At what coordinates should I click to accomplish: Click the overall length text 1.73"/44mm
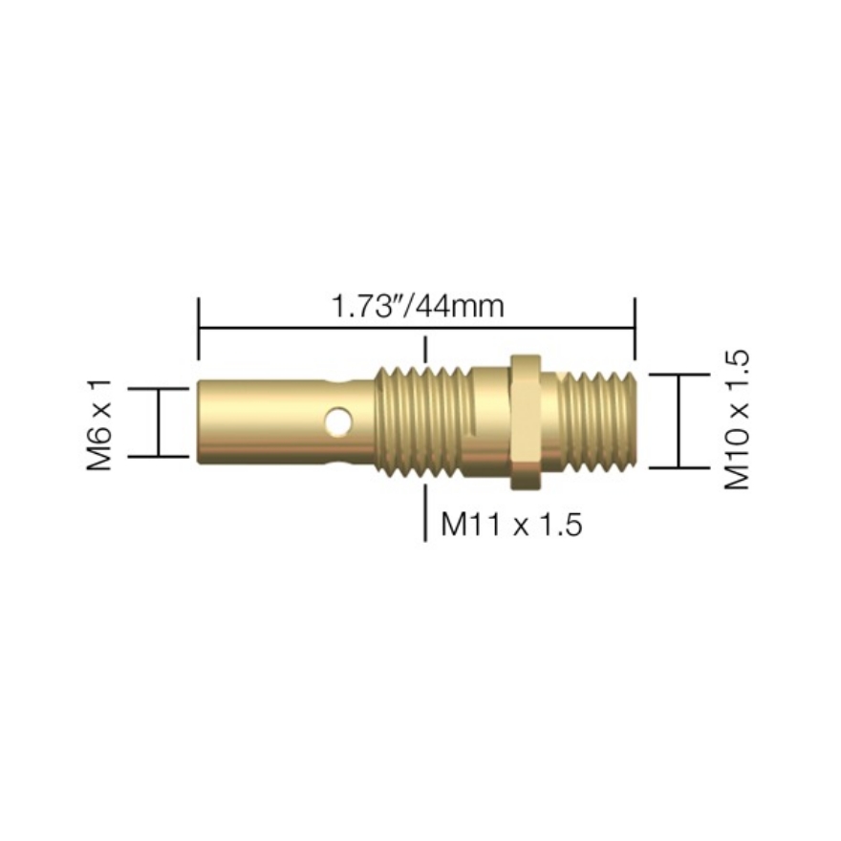pyautogui.click(x=417, y=307)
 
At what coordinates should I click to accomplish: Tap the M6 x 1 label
pyautogui.click(x=100, y=423)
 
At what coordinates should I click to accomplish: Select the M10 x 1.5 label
pyautogui.click(x=737, y=420)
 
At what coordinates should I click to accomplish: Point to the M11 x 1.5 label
pyautogui.click(x=511, y=524)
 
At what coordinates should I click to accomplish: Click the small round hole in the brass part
pyautogui.click(x=336, y=420)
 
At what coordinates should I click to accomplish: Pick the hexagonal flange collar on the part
pyautogui.click(x=525, y=421)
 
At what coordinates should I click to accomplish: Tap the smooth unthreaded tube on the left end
pyautogui.click(x=258, y=421)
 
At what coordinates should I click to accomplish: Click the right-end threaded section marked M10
pyautogui.click(x=597, y=420)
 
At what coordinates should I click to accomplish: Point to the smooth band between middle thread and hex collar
pyautogui.click(x=487, y=421)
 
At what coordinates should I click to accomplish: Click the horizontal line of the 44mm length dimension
pyautogui.click(x=287, y=329)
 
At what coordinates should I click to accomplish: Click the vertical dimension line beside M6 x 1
pyautogui.click(x=160, y=423)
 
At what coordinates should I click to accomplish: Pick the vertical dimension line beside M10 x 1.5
pyautogui.click(x=679, y=421)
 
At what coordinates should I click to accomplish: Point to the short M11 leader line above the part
pyautogui.click(x=425, y=347)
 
